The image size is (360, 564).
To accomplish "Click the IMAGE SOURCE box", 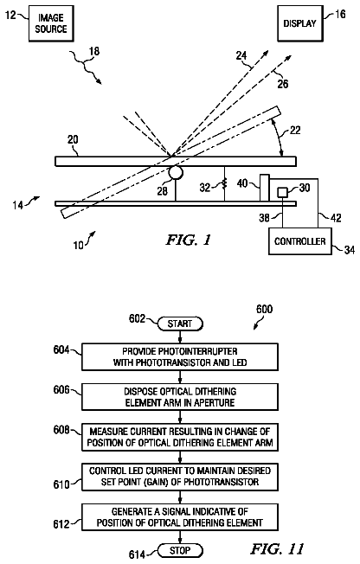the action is point(51,23).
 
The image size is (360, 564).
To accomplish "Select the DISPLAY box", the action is point(300,23).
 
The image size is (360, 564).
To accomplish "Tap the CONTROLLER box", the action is point(300,241).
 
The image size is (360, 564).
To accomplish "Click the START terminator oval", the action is point(180,324).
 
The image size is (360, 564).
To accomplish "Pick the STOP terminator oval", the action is point(180,550).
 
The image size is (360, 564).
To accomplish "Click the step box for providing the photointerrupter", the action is point(180,356).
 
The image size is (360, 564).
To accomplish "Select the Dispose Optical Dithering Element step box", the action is point(180,397).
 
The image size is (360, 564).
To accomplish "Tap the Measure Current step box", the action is point(180,437).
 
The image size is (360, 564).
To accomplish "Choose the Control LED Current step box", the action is point(180,477).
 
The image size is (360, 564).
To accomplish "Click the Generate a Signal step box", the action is point(180,517).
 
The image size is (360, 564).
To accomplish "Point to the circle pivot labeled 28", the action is point(176,173).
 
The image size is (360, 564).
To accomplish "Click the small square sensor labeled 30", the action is point(282,192).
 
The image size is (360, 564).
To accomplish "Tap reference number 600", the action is point(264,310).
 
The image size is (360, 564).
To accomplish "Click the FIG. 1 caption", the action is point(189,240).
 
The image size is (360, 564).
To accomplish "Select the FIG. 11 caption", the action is point(277,549).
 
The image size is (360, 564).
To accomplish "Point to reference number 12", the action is point(11,15).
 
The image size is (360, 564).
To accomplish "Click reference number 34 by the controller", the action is point(350,250).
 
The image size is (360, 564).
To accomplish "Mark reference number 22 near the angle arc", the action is point(295,130).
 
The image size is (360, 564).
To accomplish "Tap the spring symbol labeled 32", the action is point(224,184).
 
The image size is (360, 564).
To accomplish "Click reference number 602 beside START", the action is point(137,318).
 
